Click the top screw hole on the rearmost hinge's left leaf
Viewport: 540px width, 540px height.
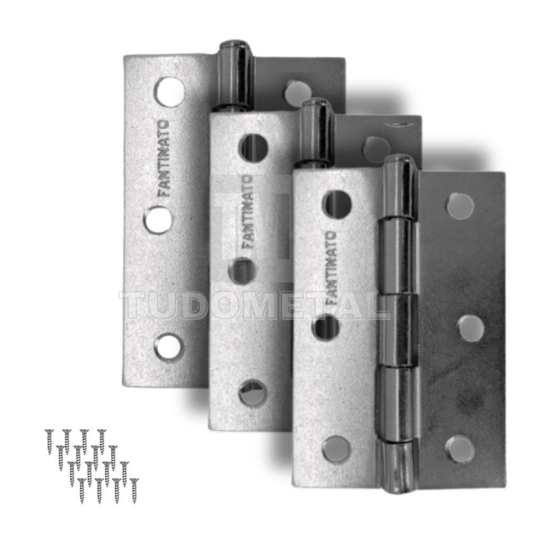(x=169, y=92)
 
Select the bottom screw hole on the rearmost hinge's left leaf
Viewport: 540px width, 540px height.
(x=168, y=346)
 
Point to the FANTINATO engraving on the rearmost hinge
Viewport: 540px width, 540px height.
(x=165, y=158)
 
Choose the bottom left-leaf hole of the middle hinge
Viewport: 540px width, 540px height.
(x=254, y=393)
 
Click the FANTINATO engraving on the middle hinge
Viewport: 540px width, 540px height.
(x=247, y=212)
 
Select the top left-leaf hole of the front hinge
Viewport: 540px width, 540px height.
(x=337, y=204)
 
